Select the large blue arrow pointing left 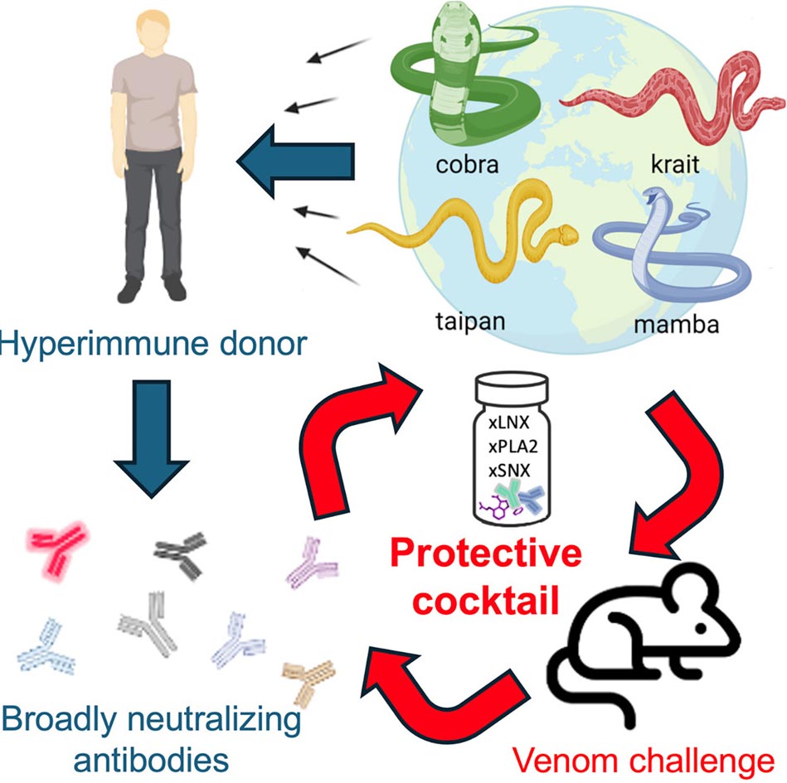pos(294,160)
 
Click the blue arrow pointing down pos(152,447)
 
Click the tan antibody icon pos(308,678)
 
